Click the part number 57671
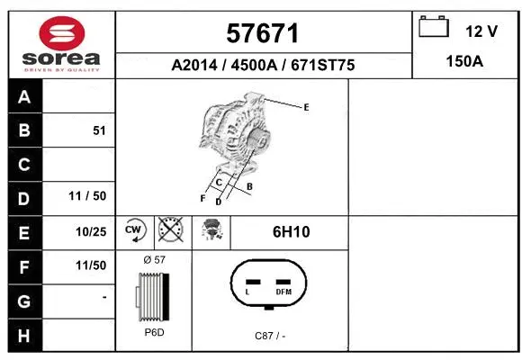coord(263,33)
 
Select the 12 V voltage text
coord(481,31)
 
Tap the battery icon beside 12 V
coord(435,29)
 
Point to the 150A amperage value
coord(466,63)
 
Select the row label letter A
coord(24,97)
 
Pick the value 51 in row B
coord(99,130)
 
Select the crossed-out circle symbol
coord(171,231)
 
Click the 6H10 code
coord(291,232)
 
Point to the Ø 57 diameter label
coord(154,259)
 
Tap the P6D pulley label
coord(154,332)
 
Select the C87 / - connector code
coord(270,335)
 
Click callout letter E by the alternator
coord(306,107)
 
